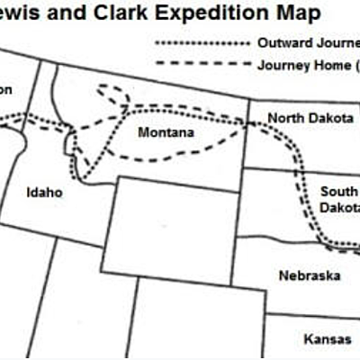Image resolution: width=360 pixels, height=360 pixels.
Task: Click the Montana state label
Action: (166, 133)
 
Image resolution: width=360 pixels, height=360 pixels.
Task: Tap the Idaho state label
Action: (45, 192)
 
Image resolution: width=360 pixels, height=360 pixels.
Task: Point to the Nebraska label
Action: (309, 275)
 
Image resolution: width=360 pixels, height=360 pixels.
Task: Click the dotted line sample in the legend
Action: (200, 43)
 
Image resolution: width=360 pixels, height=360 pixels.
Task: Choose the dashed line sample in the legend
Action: (200, 64)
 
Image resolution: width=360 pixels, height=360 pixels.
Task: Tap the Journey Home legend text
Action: (306, 65)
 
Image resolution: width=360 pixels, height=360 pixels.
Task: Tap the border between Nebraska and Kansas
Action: (310, 315)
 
